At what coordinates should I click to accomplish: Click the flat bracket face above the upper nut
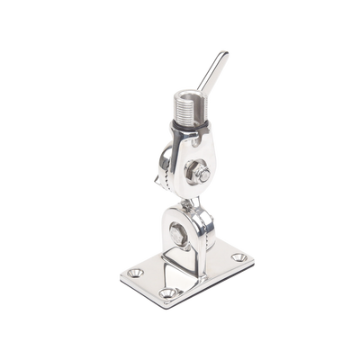pyautogui.click(x=191, y=148)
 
